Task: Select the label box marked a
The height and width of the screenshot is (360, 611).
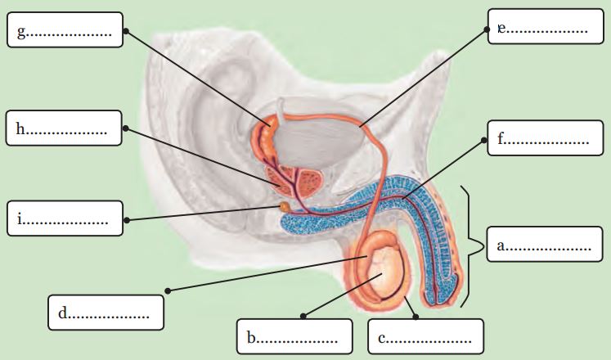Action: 544,245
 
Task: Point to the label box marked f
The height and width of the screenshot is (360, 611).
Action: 543,140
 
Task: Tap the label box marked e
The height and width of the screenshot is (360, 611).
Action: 544,29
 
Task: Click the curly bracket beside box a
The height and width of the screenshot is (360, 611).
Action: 472,246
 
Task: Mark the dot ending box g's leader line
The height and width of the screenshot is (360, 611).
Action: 126,31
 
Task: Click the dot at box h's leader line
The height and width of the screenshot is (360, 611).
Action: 126,128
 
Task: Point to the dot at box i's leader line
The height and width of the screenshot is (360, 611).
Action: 127,219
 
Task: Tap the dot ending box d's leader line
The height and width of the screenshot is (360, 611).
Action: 168,290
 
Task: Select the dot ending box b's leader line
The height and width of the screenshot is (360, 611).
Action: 303,314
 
